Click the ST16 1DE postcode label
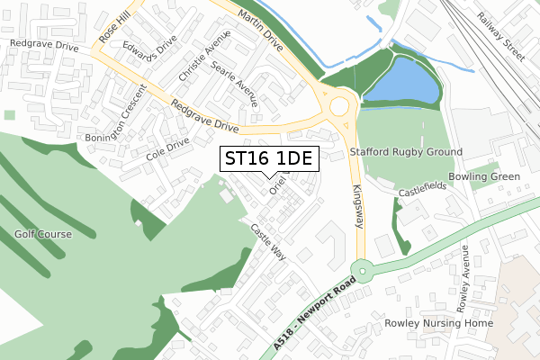click(x=267, y=159)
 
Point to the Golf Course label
click(x=42, y=234)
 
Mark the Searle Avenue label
click(x=234, y=85)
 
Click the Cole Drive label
click(x=167, y=148)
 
